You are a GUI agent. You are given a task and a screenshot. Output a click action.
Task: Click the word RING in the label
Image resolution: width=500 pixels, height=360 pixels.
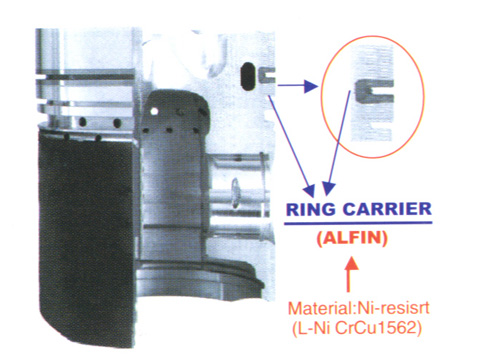(x=311, y=210)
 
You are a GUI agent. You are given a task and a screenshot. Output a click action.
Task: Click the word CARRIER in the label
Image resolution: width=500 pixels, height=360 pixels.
(x=387, y=210)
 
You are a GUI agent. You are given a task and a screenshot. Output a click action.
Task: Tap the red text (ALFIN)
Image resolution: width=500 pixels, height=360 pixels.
(x=352, y=238)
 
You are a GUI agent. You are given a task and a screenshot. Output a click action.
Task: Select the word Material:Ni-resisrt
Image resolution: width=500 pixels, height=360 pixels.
(x=358, y=308)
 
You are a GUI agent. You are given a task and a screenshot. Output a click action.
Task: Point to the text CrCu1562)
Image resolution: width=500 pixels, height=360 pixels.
(x=378, y=328)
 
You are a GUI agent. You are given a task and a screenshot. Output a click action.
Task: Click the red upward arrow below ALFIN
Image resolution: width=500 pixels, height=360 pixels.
(x=349, y=274)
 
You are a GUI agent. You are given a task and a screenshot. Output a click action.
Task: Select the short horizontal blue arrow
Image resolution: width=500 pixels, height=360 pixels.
(x=297, y=86)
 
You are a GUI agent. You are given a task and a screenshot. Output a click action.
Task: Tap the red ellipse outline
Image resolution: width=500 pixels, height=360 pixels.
(x=322, y=97)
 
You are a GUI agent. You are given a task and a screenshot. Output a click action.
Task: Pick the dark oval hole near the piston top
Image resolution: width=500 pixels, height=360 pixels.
(x=247, y=76)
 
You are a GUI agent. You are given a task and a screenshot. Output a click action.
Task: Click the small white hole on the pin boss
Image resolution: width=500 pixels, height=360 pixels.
(x=154, y=111)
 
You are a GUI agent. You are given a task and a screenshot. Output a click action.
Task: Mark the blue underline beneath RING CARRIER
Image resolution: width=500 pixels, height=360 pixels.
(x=358, y=223)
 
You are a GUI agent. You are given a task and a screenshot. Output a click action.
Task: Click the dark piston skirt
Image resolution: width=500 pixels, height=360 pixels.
(x=87, y=233)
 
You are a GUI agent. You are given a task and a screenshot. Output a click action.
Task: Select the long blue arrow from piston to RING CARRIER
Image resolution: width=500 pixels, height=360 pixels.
(x=291, y=146)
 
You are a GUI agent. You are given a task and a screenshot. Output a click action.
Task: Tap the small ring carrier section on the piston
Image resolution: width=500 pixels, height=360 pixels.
(x=267, y=75)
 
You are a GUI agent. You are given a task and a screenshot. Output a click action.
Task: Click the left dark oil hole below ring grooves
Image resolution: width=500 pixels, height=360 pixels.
(x=82, y=122)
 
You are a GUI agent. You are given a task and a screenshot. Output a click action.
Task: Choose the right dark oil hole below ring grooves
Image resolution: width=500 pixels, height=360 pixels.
(x=117, y=123)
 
